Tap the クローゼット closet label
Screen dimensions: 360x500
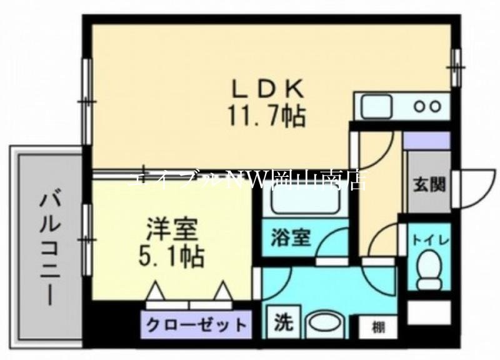(196, 325)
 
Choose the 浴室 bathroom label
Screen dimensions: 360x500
(290, 238)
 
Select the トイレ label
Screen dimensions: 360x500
(428, 239)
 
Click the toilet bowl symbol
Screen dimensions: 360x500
(429, 266)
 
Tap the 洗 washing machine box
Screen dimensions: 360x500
(283, 323)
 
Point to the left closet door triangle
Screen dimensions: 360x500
(155, 291)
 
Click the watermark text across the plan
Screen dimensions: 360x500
(250, 179)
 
